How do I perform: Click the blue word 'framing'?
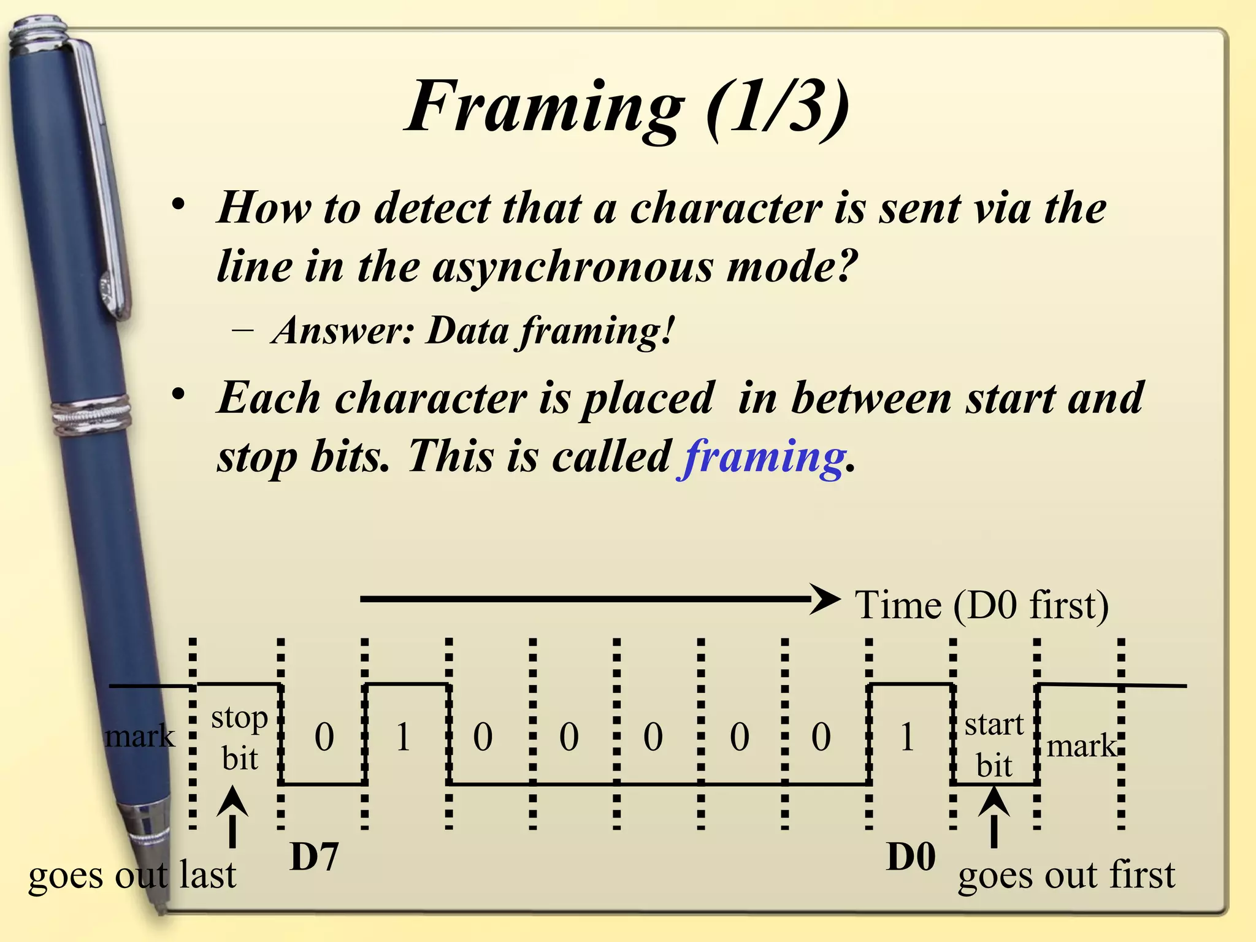point(763,458)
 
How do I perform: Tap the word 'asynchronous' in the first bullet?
point(572,267)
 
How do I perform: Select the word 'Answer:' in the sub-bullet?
point(343,331)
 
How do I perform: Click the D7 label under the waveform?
point(314,857)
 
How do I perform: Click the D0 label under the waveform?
point(911,857)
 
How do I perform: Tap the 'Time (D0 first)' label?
point(981,605)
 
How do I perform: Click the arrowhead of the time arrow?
point(827,599)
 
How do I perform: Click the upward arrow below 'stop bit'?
point(232,816)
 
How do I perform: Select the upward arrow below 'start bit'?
point(994,816)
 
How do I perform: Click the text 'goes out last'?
point(132,875)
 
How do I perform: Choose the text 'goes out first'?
point(1066,875)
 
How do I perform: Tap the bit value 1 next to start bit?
point(907,737)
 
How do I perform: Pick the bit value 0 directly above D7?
point(324,737)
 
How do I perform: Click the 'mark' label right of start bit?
point(1081,746)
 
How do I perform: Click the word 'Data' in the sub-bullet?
point(467,331)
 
